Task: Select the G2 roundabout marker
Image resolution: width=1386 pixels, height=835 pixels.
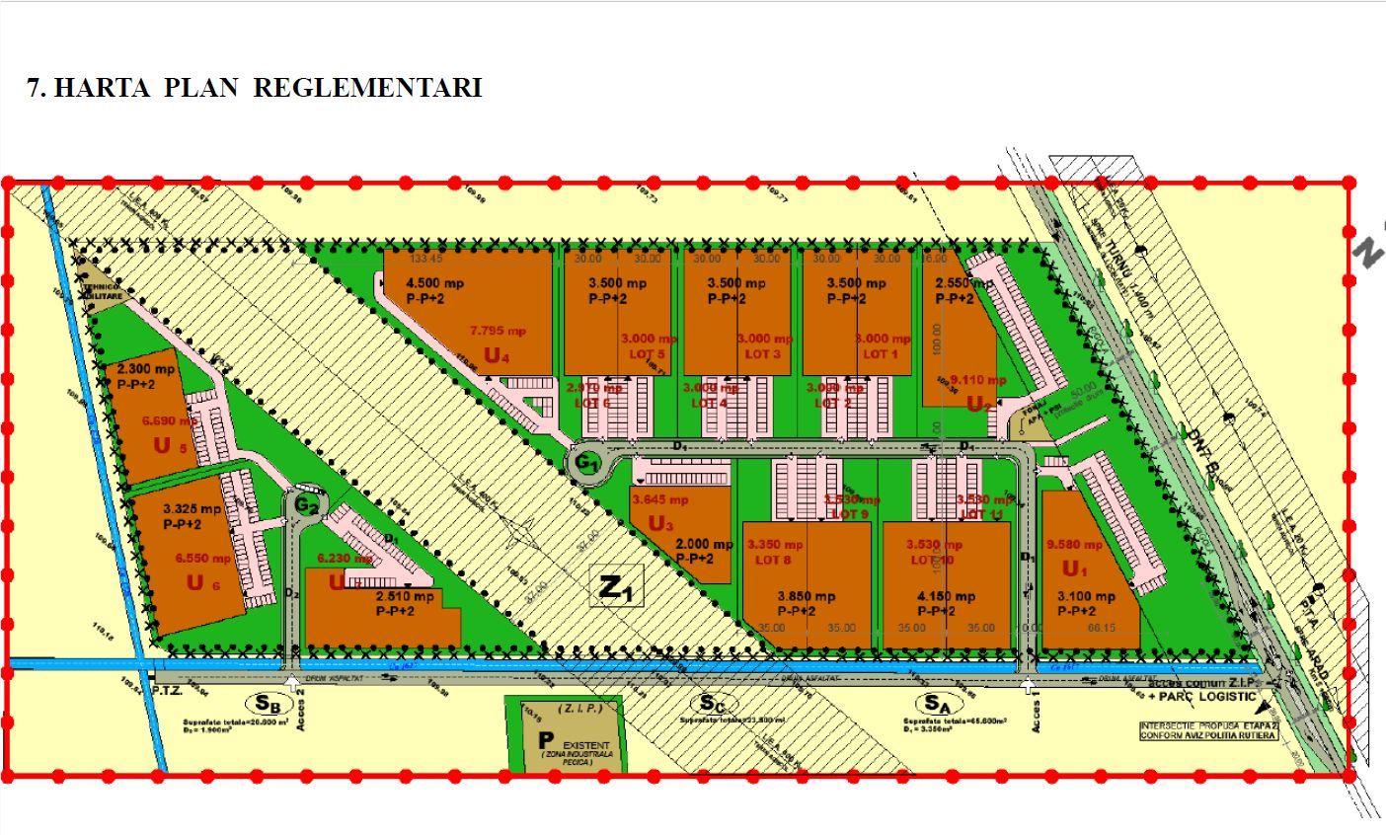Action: coord(306,505)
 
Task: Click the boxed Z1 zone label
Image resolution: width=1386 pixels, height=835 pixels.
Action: coord(616,588)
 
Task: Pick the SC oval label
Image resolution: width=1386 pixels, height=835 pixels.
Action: coord(712,704)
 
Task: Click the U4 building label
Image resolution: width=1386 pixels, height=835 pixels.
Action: coord(497,356)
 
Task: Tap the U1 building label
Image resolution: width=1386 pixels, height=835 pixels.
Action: coord(1073,569)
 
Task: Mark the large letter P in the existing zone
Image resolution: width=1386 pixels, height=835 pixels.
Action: coord(542,740)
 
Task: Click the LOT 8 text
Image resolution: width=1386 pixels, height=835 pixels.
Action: coord(775,561)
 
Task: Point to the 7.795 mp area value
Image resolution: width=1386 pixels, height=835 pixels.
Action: coord(499,331)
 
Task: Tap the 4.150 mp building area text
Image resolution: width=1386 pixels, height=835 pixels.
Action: coord(946,596)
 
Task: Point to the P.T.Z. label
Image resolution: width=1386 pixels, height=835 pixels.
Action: coord(169,694)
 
